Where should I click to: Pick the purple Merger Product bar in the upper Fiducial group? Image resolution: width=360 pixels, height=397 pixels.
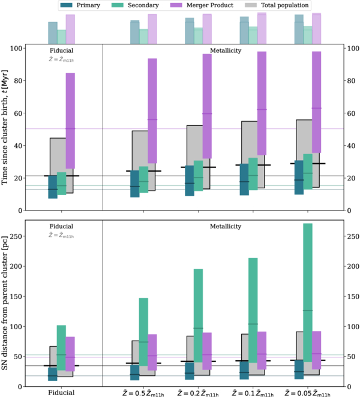coord(70,121)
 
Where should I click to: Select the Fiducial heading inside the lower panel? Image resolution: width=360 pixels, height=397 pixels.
coord(61,226)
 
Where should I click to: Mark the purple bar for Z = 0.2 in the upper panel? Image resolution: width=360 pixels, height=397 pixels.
coord(207,106)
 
